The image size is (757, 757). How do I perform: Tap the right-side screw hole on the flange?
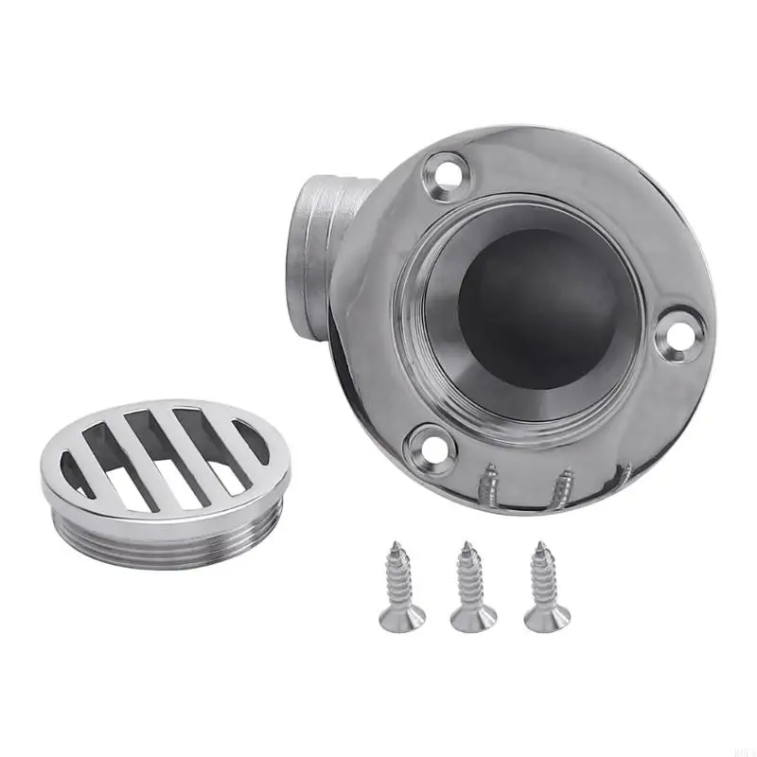point(679,333)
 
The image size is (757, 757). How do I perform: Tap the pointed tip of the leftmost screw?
point(396,546)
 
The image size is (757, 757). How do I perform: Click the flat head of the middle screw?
point(474,621)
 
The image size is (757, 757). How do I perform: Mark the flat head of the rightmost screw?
point(548,619)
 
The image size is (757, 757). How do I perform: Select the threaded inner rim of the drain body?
point(416,312)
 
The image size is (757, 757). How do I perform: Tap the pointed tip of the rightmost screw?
point(539,546)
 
